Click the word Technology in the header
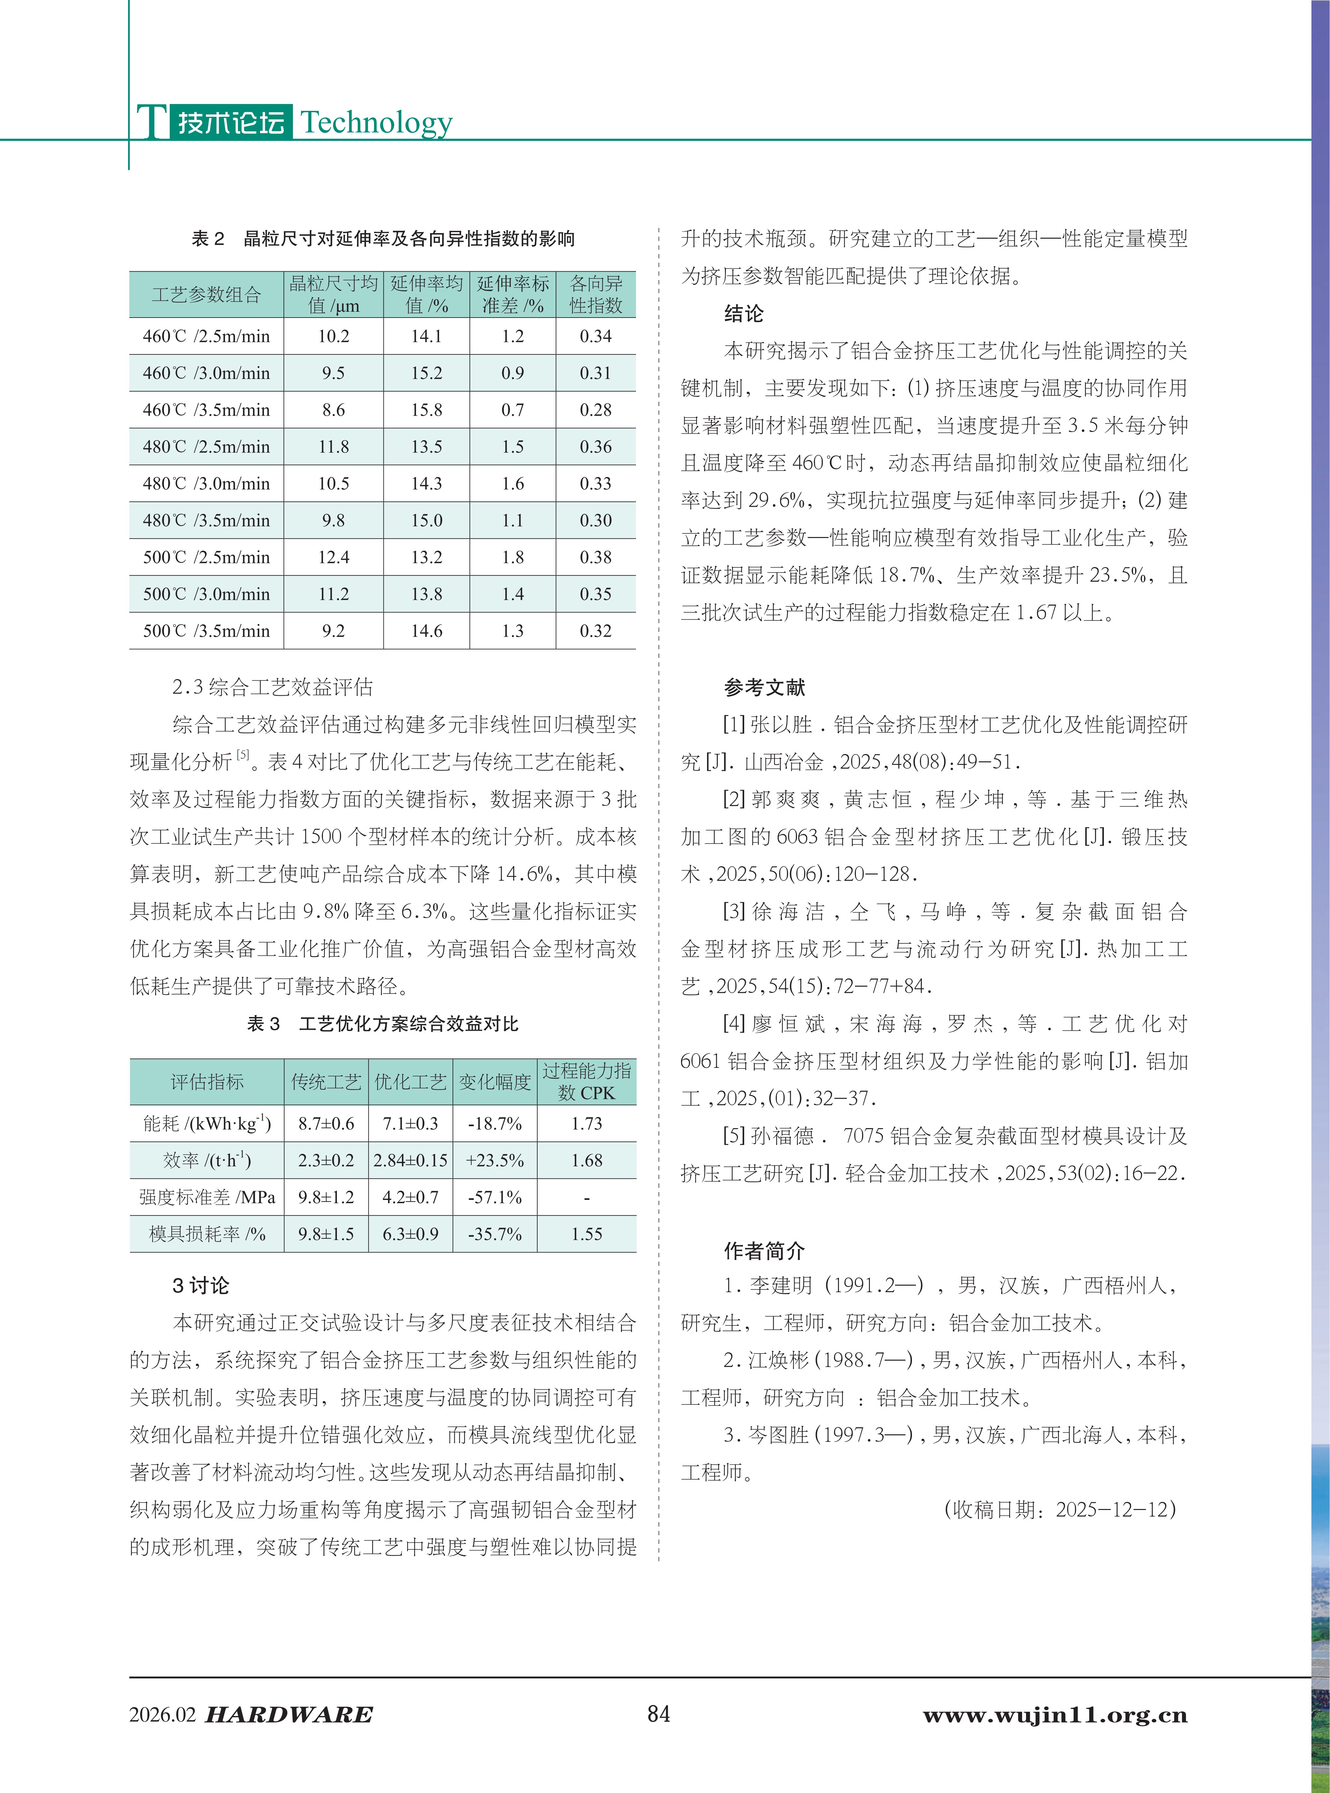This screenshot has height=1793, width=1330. tap(376, 122)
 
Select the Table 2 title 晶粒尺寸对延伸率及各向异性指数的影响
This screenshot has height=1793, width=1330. tap(409, 238)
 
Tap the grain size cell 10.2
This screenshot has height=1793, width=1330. tap(333, 337)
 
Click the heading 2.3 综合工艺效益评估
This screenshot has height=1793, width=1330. tap(272, 687)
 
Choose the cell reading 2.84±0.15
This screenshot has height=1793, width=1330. tap(411, 1161)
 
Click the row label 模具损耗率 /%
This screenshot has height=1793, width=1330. tap(207, 1234)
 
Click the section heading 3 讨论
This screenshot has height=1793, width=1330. tap(200, 1286)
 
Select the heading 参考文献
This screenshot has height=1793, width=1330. tap(764, 687)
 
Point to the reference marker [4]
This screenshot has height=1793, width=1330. tap(733, 1024)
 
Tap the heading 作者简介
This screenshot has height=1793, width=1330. tap(764, 1251)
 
